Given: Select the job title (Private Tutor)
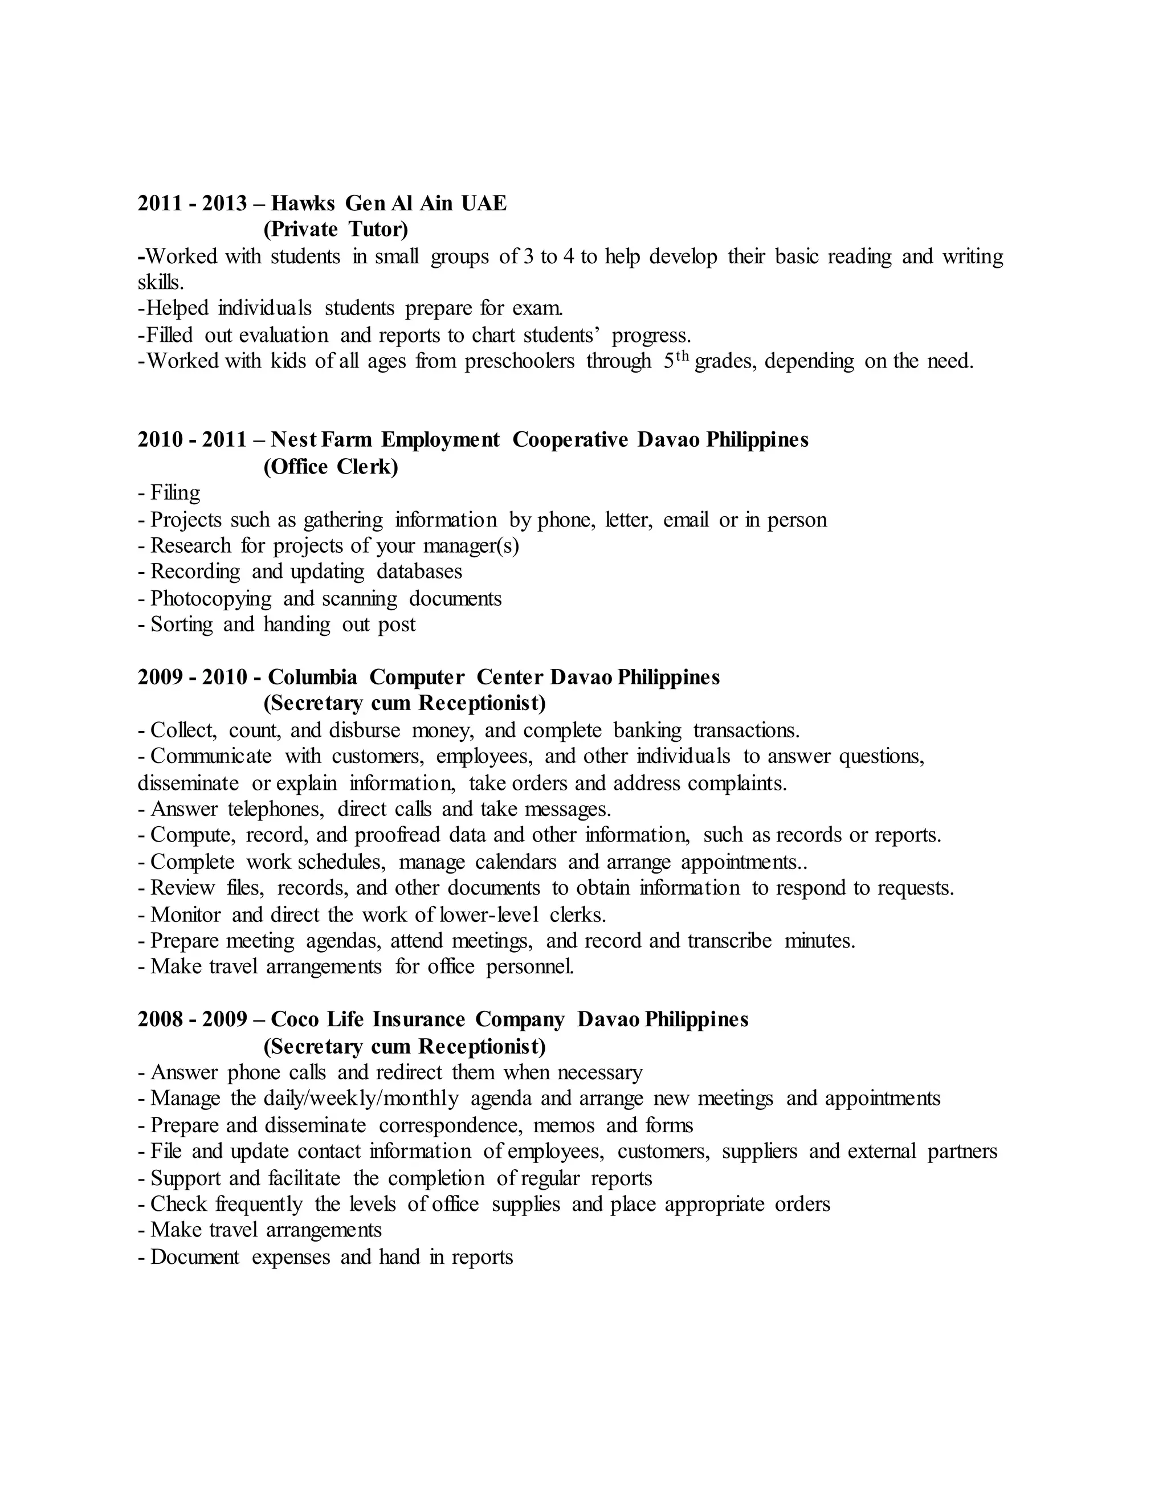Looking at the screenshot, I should [336, 229].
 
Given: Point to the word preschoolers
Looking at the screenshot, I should [519, 361].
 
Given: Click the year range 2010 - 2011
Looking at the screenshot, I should [192, 440].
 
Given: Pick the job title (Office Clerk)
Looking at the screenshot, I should [330, 467].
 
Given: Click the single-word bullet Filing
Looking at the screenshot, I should [176, 493].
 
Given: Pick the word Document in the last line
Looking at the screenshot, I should [195, 1257].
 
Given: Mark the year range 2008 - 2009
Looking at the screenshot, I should [192, 1020].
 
